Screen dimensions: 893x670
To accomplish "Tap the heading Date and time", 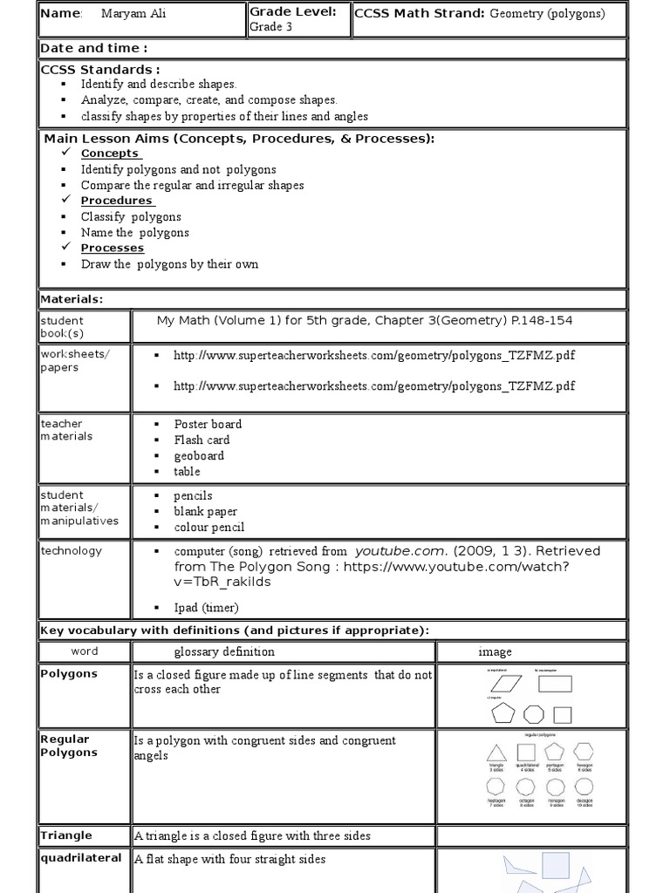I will tap(94, 48).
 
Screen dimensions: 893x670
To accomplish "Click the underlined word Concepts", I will tap(110, 153).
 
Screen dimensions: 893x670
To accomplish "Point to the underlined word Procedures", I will tap(117, 201).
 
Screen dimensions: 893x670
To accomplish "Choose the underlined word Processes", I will tap(112, 248).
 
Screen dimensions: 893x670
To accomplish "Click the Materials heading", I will tap(72, 299).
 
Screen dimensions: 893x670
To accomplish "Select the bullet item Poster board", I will tap(208, 425).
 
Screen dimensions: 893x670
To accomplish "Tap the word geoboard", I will tap(199, 456).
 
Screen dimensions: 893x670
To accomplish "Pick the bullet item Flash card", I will tap(202, 440).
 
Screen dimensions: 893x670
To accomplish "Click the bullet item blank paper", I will tap(205, 512).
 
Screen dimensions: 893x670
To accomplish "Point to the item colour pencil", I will tap(209, 528).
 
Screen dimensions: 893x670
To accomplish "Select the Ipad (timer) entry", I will tap(206, 608).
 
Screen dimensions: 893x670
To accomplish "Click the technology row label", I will tap(72, 550).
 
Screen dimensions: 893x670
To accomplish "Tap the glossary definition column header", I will tap(224, 651).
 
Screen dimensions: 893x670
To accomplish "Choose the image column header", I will tap(495, 651).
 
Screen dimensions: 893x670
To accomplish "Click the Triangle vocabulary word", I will tap(66, 835).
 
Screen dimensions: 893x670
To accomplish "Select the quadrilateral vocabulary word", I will tap(81, 858).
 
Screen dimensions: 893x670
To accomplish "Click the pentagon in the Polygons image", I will tap(503, 715).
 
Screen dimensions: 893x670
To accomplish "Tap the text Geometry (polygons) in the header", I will tap(547, 13).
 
